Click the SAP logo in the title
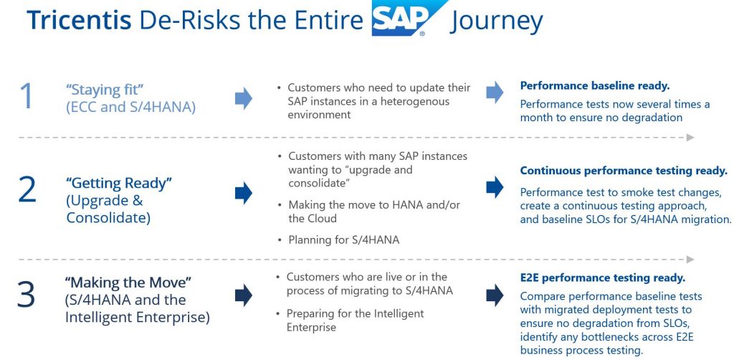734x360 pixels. (409, 18)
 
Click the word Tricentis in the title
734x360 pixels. (79, 20)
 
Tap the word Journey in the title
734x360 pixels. (496, 22)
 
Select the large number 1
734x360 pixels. (27, 96)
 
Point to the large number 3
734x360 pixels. (27, 294)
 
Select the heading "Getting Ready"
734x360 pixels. (120, 183)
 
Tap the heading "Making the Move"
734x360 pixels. (129, 283)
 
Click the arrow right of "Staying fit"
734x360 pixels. (244, 98)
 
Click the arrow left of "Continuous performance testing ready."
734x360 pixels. (495, 187)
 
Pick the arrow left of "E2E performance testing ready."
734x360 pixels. (495, 295)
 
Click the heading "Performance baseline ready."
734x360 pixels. (595, 85)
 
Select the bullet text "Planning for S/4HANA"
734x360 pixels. (344, 240)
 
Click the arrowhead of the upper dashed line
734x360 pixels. (690, 138)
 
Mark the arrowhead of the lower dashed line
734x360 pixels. (690, 260)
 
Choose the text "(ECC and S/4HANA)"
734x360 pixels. (130, 107)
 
